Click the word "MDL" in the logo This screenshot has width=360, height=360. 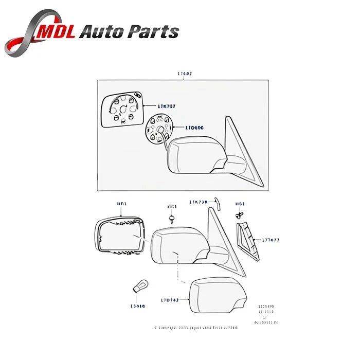59,32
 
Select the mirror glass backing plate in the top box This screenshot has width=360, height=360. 122,110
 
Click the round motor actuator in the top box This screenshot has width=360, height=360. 157,127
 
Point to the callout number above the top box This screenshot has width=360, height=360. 185,74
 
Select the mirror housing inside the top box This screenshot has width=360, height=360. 198,154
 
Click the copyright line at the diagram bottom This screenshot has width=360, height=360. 196,327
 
